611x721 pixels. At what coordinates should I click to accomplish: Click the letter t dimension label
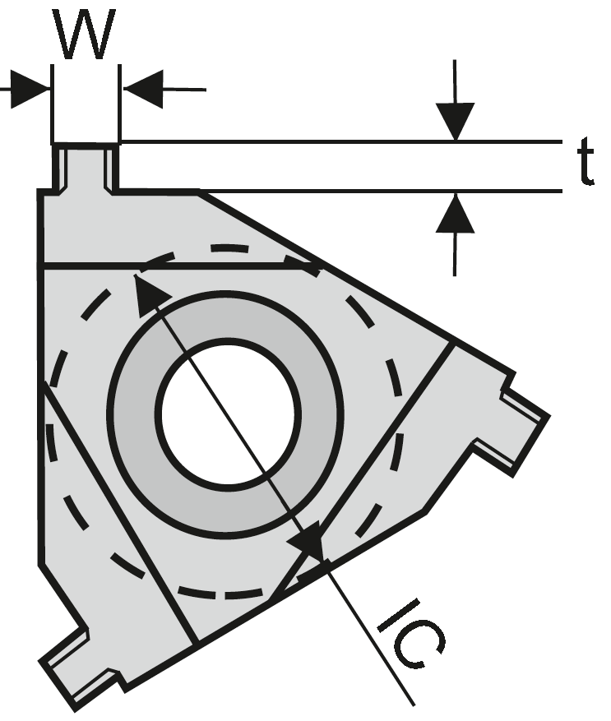tap(586, 162)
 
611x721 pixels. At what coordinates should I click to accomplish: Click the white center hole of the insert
tap(228, 413)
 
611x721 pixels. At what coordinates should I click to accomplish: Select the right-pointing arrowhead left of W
tap(30, 90)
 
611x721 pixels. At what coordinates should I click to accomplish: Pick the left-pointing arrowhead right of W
tap(143, 90)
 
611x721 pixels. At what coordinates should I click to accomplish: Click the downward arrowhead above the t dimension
tap(455, 121)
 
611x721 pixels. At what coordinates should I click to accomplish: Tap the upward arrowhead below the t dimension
tap(455, 214)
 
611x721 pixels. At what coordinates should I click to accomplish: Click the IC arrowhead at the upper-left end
tap(150, 293)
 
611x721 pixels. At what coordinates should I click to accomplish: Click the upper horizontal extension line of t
tap(341, 141)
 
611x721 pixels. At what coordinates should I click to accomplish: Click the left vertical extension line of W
tap(52, 104)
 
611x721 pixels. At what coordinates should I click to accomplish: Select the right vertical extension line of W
tap(119, 104)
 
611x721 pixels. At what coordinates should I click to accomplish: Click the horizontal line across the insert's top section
tap(179, 266)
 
